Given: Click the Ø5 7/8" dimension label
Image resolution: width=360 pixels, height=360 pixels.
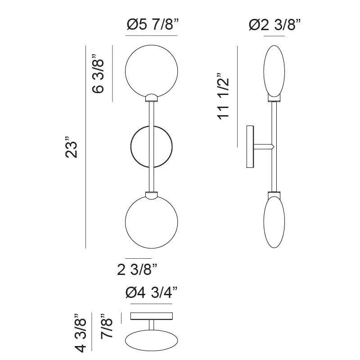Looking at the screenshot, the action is pyautogui.click(x=153, y=25).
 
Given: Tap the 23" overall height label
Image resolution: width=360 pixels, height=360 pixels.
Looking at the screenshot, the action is pyautogui.click(x=71, y=147).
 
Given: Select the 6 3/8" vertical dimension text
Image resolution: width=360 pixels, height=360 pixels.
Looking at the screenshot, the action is pyautogui.click(x=98, y=73).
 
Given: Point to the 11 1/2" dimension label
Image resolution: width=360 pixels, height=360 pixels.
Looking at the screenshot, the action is pyautogui.click(x=223, y=96).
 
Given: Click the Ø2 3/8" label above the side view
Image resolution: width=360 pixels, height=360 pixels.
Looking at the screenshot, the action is pyautogui.click(x=274, y=25).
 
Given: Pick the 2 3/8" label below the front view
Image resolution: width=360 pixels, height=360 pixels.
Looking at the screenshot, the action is pyautogui.click(x=137, y=269).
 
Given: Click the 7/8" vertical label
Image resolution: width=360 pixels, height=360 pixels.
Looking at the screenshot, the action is pyautogui.click(x=107, y=325).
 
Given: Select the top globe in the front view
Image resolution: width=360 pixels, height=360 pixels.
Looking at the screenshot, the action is pyautogui.click(x=126, y=71).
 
